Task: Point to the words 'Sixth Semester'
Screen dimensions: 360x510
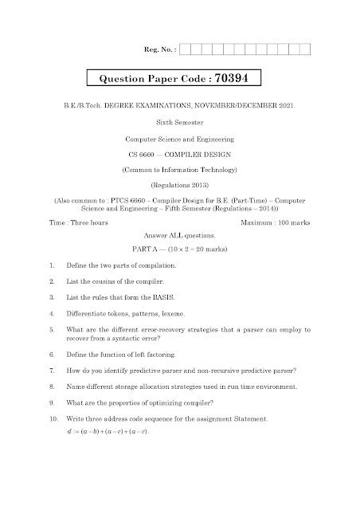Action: point(180,123)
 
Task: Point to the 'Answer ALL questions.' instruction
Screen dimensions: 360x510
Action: point(180,237)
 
